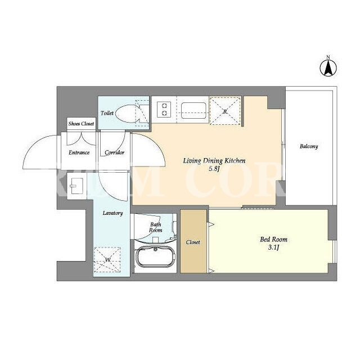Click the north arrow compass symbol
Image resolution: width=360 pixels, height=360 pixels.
328,68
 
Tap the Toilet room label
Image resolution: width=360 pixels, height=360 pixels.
107,113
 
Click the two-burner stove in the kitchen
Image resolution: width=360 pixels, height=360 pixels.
164,109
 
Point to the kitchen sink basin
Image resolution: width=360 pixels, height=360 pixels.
193,110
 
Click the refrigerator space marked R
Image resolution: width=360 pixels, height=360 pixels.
225,111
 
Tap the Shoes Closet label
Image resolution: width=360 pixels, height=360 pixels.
81,124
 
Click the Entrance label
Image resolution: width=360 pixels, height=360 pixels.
79,152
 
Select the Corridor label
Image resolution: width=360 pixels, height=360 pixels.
114,152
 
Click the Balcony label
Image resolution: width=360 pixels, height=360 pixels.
309,146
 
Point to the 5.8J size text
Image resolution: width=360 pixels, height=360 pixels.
214,169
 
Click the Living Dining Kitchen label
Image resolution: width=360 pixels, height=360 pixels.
214,161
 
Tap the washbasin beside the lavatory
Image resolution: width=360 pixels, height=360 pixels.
76,186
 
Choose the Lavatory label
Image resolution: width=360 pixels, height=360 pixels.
112,213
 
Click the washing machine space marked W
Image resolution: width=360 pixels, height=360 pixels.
107,260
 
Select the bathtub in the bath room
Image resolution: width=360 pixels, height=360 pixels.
156,256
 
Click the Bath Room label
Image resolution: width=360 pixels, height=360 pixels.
156,227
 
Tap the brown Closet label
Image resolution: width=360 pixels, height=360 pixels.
193,242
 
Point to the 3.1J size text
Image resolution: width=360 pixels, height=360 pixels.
273,247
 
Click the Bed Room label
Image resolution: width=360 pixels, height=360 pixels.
273,240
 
